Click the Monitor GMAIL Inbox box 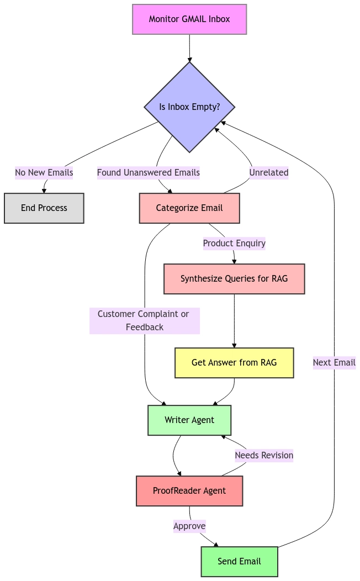click(189, 19)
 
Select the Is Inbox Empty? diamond click(189, 107)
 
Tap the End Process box click(44, 208)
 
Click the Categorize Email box click(189, 208)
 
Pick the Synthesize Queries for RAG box click(234, 279)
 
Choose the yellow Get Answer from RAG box click(234, 363)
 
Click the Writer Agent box click(189, 420)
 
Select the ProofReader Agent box click(189, 491)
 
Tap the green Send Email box click(239, 562)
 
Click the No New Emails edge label click(44, 173)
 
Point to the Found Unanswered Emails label click(149, 173)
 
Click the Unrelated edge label click(269, 173)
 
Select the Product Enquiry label click(234, 244)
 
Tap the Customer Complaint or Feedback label click(144, 321)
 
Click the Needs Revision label click(264, 456)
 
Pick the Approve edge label click(189, 526)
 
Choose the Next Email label click(334, 363)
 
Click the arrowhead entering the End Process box click(44, 191)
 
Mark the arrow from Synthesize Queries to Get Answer click(234, 320)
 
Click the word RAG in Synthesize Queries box click(280, 279)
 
